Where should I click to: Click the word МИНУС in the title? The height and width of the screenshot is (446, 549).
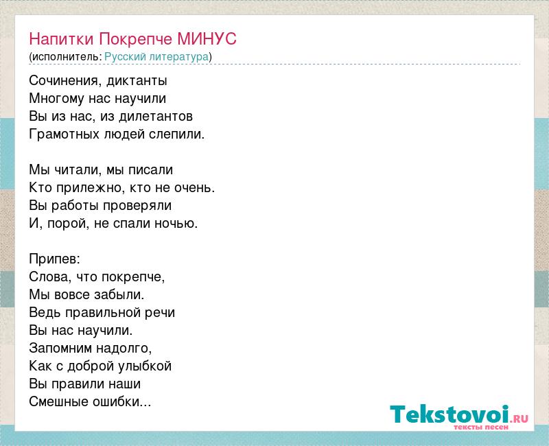[207, 38]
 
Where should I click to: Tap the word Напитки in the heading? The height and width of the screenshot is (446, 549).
[61, 38]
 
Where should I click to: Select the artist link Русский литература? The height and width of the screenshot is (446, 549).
[156, 57]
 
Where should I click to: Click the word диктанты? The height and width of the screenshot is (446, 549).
[137, 81]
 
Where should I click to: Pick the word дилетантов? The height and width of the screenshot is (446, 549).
[156, 116]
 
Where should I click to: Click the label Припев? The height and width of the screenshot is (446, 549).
[55, 259]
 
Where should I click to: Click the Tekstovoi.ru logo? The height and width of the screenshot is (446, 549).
[459, 417]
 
